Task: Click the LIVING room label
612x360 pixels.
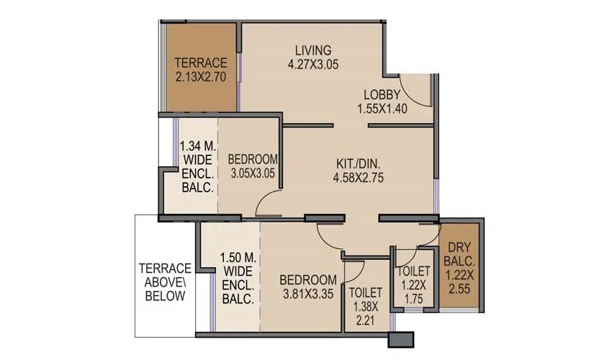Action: click(x=313, y=50)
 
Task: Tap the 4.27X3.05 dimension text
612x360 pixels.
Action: click(x=313, y=64)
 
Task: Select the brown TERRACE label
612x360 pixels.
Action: click(x=202, y=62)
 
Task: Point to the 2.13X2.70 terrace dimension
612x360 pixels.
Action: click(x=202, y=75)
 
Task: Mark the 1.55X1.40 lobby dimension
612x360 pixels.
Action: click(x=382, y=108)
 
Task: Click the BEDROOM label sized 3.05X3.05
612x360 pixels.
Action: click(x=253, y=159)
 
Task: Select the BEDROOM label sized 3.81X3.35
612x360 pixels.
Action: click(x=308, y=279)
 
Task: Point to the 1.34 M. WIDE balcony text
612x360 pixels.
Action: click(x=197, y=166)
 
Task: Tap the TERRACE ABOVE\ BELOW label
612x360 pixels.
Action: click(x=165, y=282)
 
